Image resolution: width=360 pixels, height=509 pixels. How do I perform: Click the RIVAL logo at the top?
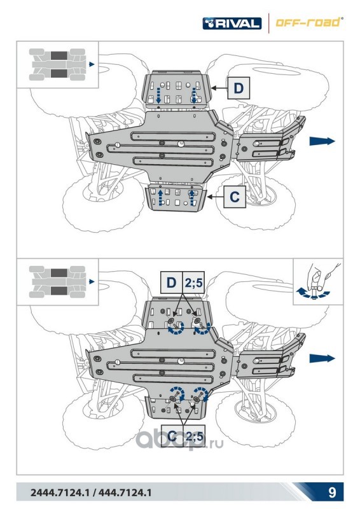tap(232, 24)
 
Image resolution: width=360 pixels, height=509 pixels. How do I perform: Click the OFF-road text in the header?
tap(308, 22)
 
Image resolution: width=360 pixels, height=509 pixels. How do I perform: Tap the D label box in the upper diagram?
tap(239, 88)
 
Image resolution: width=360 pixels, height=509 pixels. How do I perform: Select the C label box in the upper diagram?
tap(235, 197)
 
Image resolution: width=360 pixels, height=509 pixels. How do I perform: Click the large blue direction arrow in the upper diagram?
tap(322, 141)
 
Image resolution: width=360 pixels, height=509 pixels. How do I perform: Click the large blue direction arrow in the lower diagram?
tap(322, 358)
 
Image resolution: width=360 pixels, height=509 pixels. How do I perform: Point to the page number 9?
tap(332, 492)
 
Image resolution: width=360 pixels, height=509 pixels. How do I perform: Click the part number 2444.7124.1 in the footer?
tap(60, 492)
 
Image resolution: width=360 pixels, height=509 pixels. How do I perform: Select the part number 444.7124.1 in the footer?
tap(125, 492)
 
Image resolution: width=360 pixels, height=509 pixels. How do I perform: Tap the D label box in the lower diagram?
tap(171, 282)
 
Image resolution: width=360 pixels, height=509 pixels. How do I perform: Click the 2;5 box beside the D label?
tap(193, 282)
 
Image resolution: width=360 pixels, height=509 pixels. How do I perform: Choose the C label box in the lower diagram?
tap(172, 436)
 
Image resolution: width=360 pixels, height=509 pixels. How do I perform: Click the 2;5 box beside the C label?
tap(194, 436)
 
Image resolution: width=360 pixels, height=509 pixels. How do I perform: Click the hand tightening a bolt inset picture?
tap(318, 282)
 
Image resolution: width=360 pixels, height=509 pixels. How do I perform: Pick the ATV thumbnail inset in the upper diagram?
tap(57, 65)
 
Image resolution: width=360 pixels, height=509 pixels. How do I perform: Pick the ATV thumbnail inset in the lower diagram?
tap(57, 282)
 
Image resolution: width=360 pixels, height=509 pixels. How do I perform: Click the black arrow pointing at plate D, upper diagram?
tap(219, 88)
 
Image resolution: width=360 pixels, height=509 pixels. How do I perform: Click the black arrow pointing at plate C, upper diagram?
tap(215, 197)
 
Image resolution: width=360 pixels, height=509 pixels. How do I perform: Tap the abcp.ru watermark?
tap(179, 441)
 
